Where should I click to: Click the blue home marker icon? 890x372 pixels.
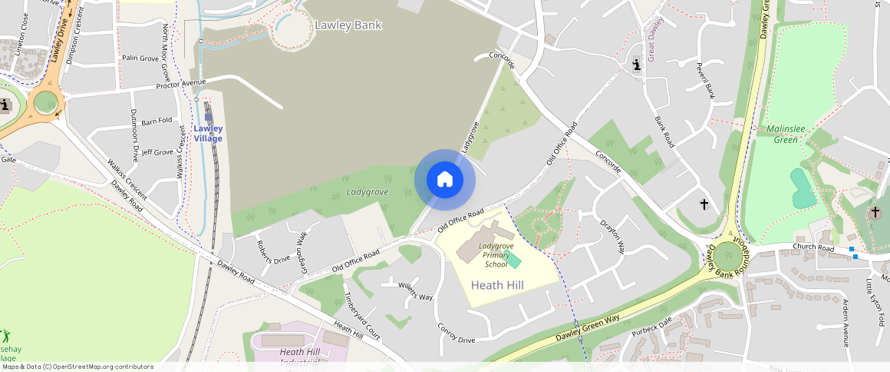click(x=444, y=180)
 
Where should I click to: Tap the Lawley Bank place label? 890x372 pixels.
click(x=348, y=25)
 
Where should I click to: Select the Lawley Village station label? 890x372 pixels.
click(x=208, y=134)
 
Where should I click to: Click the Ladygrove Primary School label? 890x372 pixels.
click(x=496, y=255)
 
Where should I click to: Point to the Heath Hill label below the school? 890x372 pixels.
click(x=497, y=285)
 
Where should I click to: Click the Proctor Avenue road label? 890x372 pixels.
click(x=181, y=82)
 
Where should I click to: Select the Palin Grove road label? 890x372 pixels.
click(x=140, y=58)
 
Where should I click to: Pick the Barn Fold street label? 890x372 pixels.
click(x=157, y=121)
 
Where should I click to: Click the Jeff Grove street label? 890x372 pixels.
click(x=157, y=152)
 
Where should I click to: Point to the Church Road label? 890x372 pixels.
click(x=814, y=248)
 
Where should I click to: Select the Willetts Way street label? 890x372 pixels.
click(x=415, y=291)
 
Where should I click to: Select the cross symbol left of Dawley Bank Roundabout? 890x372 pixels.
click(x=704, y=204)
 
